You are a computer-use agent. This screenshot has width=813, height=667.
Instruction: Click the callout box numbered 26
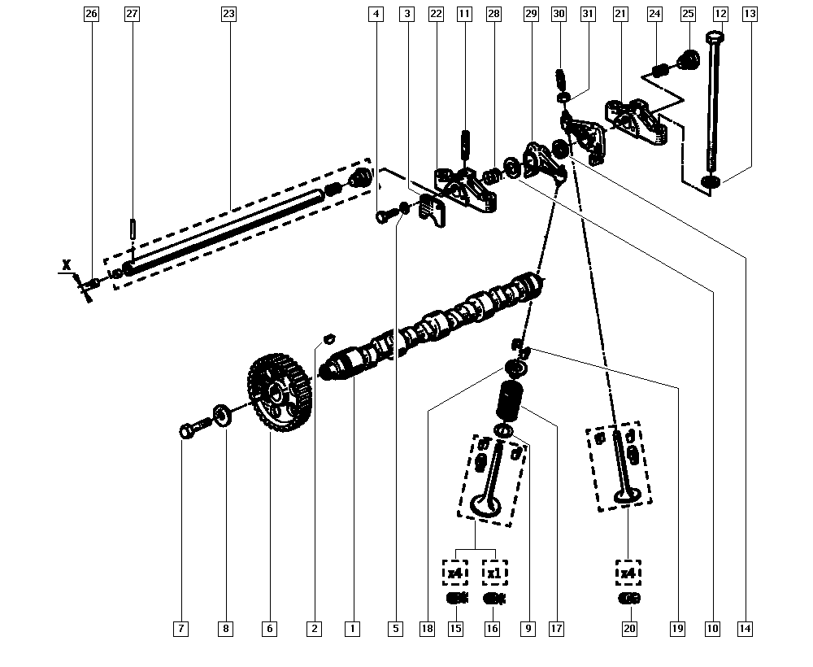click(91, 14)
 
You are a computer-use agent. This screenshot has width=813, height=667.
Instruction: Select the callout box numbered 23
click(228, 14)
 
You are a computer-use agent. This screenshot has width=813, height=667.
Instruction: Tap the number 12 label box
click(720, 14)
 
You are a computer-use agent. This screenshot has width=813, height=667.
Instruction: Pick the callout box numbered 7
click(181, 629)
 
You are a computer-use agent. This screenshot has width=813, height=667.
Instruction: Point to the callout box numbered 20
click(629, 629)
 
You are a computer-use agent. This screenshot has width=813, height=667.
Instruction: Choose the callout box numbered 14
click(745, 629)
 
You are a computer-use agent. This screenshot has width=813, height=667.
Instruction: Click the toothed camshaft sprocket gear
click(280, 393)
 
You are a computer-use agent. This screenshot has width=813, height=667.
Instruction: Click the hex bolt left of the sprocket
click(194, 429)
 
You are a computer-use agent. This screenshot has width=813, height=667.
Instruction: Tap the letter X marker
click(67, 265)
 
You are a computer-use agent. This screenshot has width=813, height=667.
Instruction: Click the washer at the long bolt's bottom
click(711, 181)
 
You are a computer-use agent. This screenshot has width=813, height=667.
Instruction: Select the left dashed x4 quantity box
click(454, 573)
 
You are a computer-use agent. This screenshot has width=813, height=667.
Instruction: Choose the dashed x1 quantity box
click(494, 573)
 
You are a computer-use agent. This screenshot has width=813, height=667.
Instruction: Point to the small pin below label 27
click(133, 229)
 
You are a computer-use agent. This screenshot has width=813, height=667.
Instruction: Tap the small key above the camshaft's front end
click(328, 338)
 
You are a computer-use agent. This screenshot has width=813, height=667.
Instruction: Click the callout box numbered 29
click(531, 14)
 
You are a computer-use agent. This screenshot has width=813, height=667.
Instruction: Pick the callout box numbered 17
click(556, 629)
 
